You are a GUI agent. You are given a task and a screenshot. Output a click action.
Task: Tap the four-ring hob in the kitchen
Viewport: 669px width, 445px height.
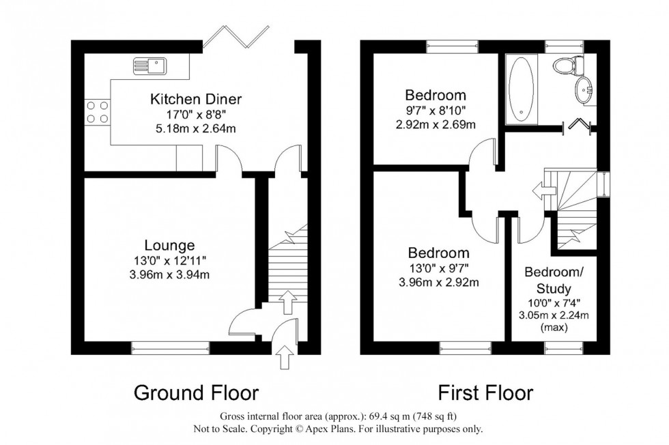[97, 112]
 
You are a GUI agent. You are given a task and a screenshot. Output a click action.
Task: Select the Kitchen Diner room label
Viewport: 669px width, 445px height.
[196, 100]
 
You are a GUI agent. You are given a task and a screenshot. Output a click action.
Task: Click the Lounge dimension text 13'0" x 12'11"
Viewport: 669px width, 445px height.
[170, 260]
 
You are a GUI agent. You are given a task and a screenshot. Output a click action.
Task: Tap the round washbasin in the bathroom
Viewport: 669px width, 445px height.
[584, 90]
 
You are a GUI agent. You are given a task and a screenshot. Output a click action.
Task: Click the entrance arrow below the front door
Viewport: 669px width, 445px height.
[285, 356]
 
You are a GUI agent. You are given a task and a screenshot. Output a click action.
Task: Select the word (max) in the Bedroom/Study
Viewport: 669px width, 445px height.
[554, 328]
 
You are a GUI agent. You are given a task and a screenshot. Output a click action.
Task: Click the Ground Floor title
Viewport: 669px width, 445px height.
[196, 393]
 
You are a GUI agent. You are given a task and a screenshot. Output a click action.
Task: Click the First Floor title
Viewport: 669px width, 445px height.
[485, 393]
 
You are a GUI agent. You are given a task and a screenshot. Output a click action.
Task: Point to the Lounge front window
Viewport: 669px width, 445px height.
[170, 348]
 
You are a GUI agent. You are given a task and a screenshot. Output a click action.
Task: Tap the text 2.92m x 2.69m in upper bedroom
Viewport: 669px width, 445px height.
[436, 124]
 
